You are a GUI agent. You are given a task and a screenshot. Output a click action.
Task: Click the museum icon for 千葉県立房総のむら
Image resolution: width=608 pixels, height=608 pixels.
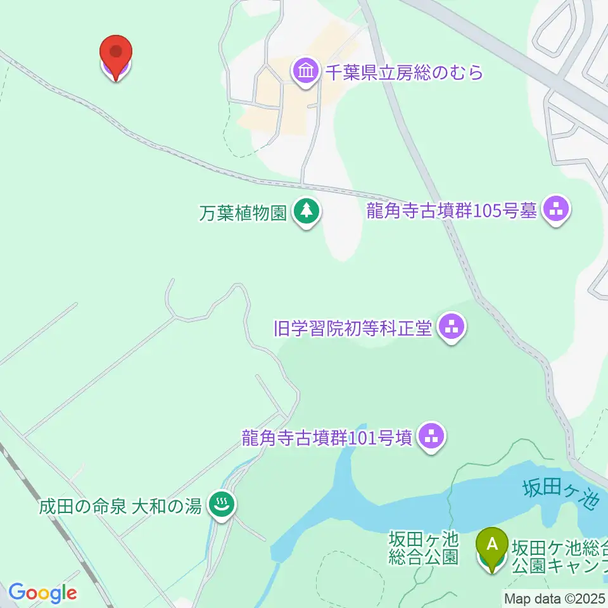coord(307,72)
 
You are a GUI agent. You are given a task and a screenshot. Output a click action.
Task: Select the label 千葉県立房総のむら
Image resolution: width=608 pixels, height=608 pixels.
coord(404,72)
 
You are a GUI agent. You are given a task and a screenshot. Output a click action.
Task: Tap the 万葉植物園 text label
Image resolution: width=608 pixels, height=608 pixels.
coord(243,213)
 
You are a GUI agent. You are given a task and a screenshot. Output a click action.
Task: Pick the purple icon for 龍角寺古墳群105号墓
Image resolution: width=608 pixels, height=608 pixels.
coord(557,210)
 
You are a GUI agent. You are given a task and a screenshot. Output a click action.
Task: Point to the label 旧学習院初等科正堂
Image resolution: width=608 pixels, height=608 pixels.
coord(353,328)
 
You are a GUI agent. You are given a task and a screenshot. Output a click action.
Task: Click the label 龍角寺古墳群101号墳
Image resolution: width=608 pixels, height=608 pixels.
coord(327,437)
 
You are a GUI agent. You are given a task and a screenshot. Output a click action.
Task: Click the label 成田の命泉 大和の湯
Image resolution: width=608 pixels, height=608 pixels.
coord(120,506)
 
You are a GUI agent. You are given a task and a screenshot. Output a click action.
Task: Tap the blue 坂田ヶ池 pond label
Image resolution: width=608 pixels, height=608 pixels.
coord(561,494)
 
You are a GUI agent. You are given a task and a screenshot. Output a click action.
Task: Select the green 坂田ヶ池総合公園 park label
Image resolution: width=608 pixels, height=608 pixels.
coord(423,548)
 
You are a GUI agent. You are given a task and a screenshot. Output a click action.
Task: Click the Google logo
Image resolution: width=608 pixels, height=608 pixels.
coord(42,593)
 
